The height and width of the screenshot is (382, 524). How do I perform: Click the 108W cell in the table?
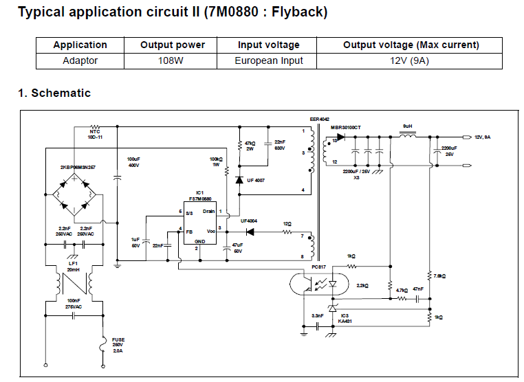click(173, 60)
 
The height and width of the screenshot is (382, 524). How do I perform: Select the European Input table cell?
click(268, 60)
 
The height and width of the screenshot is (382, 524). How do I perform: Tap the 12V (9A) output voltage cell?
click(411, 60)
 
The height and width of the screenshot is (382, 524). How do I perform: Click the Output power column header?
click(173, 45)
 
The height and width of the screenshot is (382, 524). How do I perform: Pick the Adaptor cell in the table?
click(80, 60)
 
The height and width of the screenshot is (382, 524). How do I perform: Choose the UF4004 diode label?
click(250, 221)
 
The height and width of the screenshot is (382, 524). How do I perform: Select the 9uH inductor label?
click(408, 126)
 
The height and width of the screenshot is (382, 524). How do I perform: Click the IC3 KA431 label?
click(345, 317)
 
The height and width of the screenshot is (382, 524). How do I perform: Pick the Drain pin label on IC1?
click(209, 211)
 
